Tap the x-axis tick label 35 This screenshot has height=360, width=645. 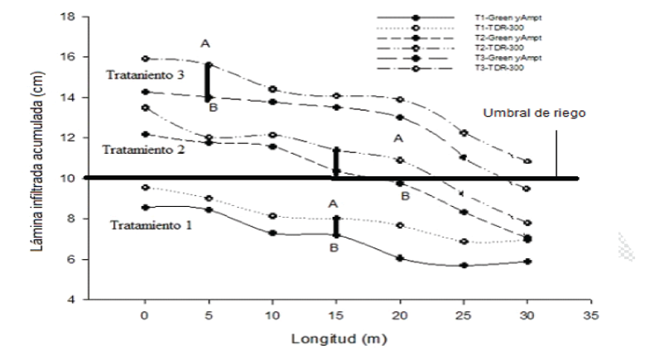click(x=590, y=315)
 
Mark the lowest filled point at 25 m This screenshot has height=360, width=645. click(x=464, y=266)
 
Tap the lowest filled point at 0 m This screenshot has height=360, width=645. click(x=145, y=208)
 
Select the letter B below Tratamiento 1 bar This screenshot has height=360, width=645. click(x=333, y=247)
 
